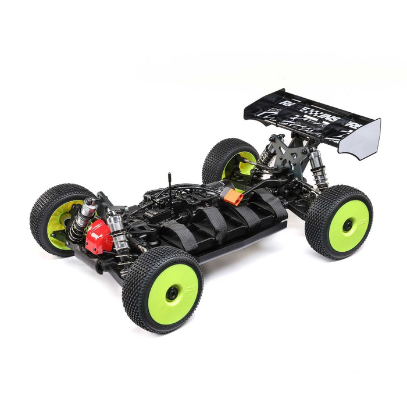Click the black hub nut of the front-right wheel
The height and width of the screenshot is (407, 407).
172,294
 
